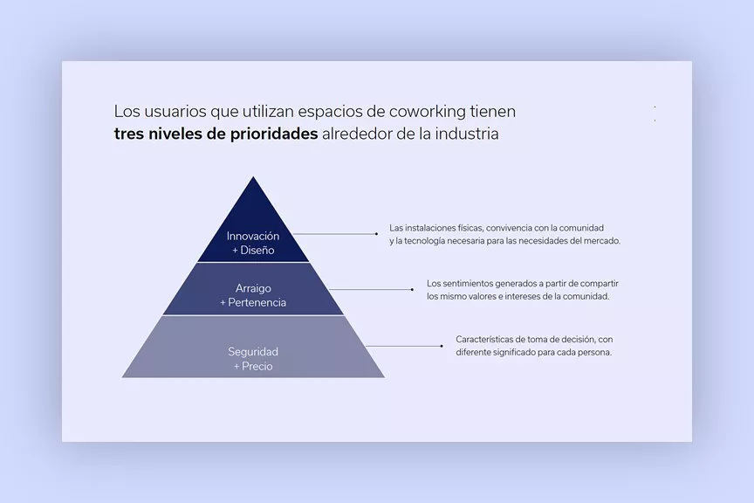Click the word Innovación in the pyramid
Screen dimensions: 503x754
tap(253, 236)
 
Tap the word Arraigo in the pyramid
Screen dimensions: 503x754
tap(253, 288)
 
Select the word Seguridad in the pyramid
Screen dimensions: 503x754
tap(253, 352)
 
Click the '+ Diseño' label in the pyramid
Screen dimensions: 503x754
tap(253, 250)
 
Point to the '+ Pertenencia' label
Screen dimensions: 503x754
tap(253, 302)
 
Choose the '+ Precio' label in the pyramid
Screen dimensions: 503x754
tap(253, 366)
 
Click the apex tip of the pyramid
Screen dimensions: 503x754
tap(253, 178)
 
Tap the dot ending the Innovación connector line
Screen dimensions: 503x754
tap(377, 234)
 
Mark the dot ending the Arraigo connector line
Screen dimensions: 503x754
tap(413, 289)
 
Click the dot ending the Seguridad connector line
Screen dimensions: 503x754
tap(442, 346)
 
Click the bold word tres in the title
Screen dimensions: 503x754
tap(129, 135)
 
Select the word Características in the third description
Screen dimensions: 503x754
tap(484, 339)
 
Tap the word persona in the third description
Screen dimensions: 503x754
tap(594, 352)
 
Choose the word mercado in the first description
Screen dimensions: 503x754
tap(600, 241)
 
